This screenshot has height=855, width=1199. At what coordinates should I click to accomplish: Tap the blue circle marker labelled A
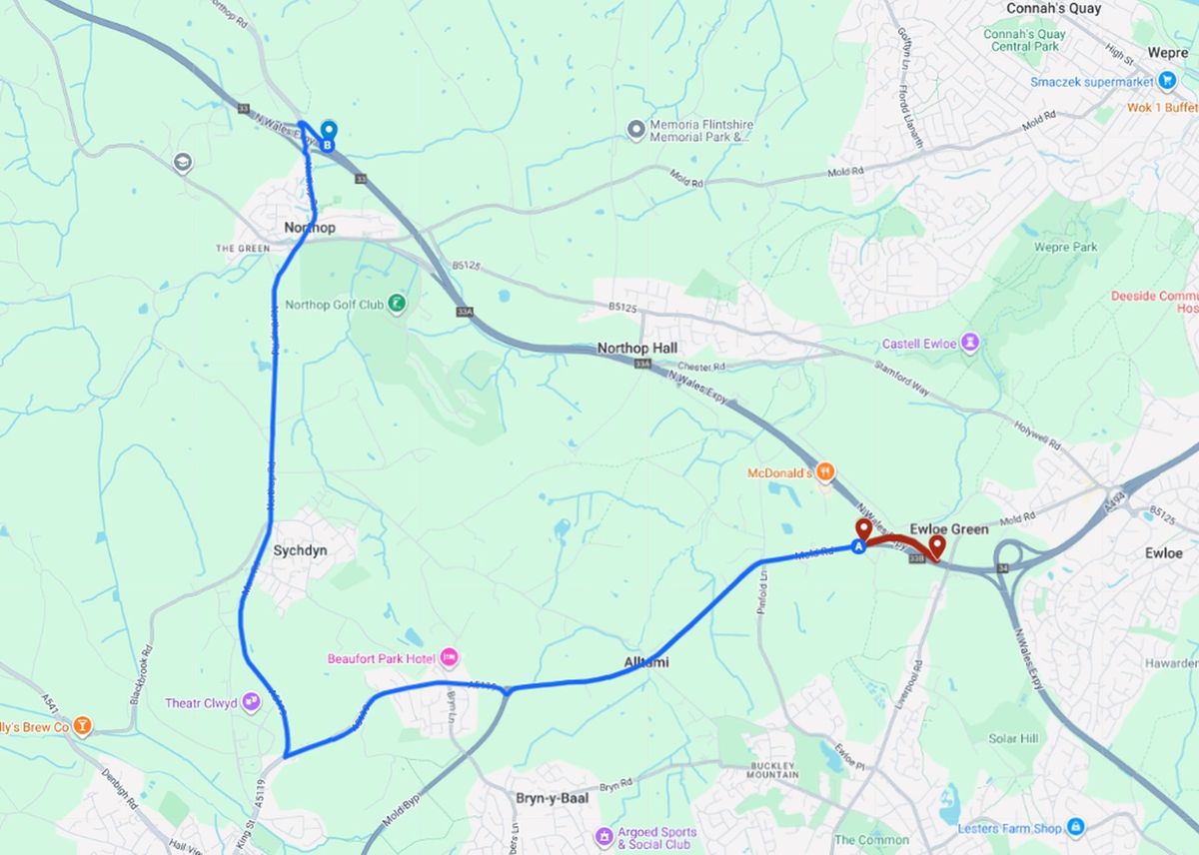[x=858, y=546]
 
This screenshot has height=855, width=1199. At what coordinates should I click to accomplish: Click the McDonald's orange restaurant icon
[x=824, y=470]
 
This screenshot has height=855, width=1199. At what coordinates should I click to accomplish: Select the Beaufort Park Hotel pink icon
[x=449, y=657]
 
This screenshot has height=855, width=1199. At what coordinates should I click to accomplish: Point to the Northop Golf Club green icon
[x=397, y=303]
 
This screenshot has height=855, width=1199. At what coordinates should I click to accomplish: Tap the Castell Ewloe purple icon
[x=969, y=344]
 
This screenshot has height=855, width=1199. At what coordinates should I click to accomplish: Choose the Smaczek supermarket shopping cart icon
[x=1166, y=81]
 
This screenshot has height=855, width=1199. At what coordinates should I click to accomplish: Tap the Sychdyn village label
[x=300, y=550]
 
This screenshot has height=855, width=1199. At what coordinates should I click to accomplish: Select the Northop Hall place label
[x=636, y=348]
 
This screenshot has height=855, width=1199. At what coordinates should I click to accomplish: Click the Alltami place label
[x=647, y=662]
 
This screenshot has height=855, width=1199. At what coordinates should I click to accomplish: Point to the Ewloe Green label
[x=948, y=528]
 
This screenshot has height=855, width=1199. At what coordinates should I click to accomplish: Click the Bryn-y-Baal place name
[x=552, y=798]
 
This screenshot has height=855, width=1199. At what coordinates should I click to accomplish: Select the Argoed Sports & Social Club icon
[x=603, y=835]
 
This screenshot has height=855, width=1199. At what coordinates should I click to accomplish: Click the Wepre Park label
[x=1065, y=247]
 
